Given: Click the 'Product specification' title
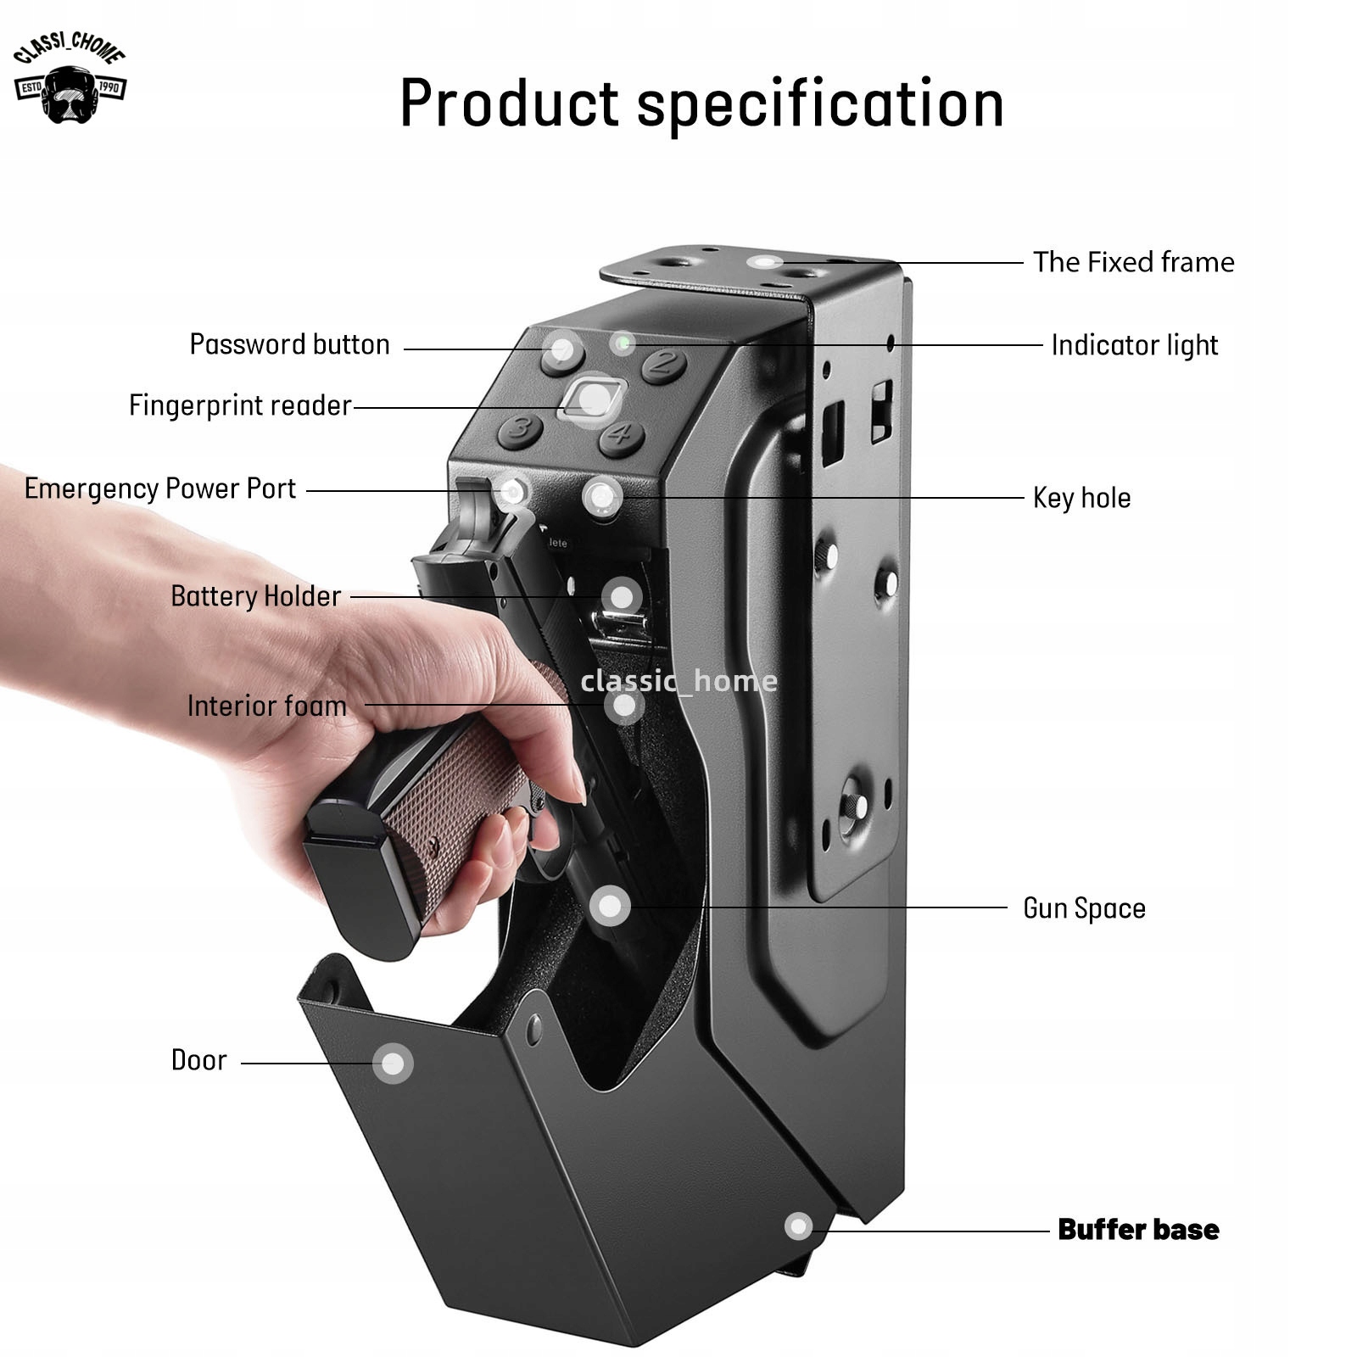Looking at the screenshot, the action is [x=701, y=103].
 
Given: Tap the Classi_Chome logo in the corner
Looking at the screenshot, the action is [x=70, y=78].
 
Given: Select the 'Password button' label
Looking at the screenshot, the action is [x=289, y=344].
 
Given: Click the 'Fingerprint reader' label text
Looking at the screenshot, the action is [x=240, y=405].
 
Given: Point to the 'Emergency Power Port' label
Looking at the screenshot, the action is [x=160, y=489].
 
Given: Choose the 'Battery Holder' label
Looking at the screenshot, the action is [x=255, y=596].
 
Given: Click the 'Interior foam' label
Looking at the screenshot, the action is [x=266, y=706].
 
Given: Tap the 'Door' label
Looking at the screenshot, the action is [x=198, y=1060].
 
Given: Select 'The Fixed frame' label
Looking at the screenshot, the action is [x=1133, y=262].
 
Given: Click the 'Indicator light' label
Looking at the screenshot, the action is [x=1134, y=345].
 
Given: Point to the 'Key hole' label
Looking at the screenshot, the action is [x=1081, y=498].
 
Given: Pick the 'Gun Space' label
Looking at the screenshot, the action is [x=1084, y=908].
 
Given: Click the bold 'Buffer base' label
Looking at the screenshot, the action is [x=1138, y=1230].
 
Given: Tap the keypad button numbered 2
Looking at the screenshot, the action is [x=664, y=365].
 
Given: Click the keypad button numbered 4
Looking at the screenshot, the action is [x=621, y=436].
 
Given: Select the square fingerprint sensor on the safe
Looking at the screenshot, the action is [x=592, y=398].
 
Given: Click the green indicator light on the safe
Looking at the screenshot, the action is [x=623, y=343].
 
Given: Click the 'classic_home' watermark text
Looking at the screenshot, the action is [x=678, y=681].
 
